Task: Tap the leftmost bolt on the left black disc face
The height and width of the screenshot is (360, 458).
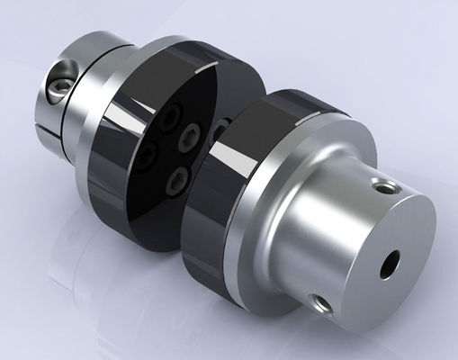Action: (146, 157)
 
